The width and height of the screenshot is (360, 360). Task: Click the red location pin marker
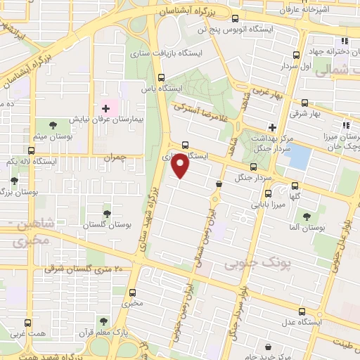click(181, 166)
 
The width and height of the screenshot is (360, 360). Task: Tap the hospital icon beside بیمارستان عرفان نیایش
click(106, 109)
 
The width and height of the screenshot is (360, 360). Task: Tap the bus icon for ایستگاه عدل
click(302, 311)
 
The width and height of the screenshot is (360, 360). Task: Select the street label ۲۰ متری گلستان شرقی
click(84, 269)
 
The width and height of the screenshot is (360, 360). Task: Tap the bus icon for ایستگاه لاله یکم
click(30, 150)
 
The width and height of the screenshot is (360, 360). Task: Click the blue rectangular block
click(299, 157)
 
